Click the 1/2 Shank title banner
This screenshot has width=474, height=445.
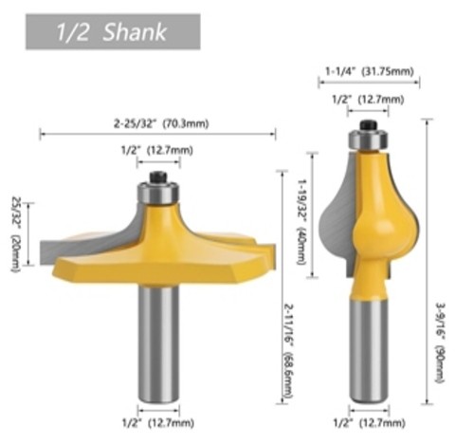pos(113,31)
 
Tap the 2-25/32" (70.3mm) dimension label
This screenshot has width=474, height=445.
pos(161,123)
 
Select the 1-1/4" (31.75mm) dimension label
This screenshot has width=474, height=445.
pos(370,71)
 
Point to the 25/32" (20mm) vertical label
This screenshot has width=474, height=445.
pos(16,234)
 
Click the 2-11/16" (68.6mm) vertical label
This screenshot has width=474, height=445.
pos(289,351)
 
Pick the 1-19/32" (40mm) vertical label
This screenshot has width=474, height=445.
pos(302,222)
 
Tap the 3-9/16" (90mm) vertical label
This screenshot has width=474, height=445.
pos(440,343)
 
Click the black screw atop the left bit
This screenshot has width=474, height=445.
pos(158,177)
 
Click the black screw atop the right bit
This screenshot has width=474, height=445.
pos(369,125)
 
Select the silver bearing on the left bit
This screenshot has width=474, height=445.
pos(158,193)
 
